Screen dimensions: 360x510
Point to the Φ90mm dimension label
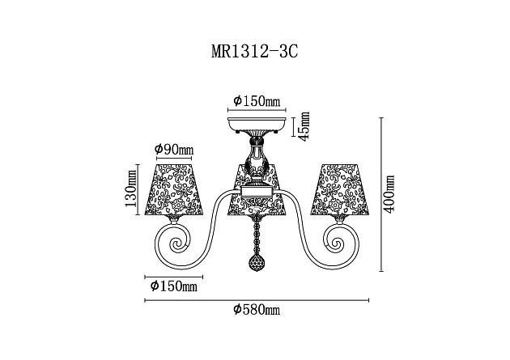tap(173, 150)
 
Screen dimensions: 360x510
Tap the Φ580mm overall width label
tap(256, 310)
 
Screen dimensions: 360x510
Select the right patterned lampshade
tap(338, 190)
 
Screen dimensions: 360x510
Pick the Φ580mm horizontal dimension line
tap(256, 300)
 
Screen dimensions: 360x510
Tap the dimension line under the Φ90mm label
tap(173, 158)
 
